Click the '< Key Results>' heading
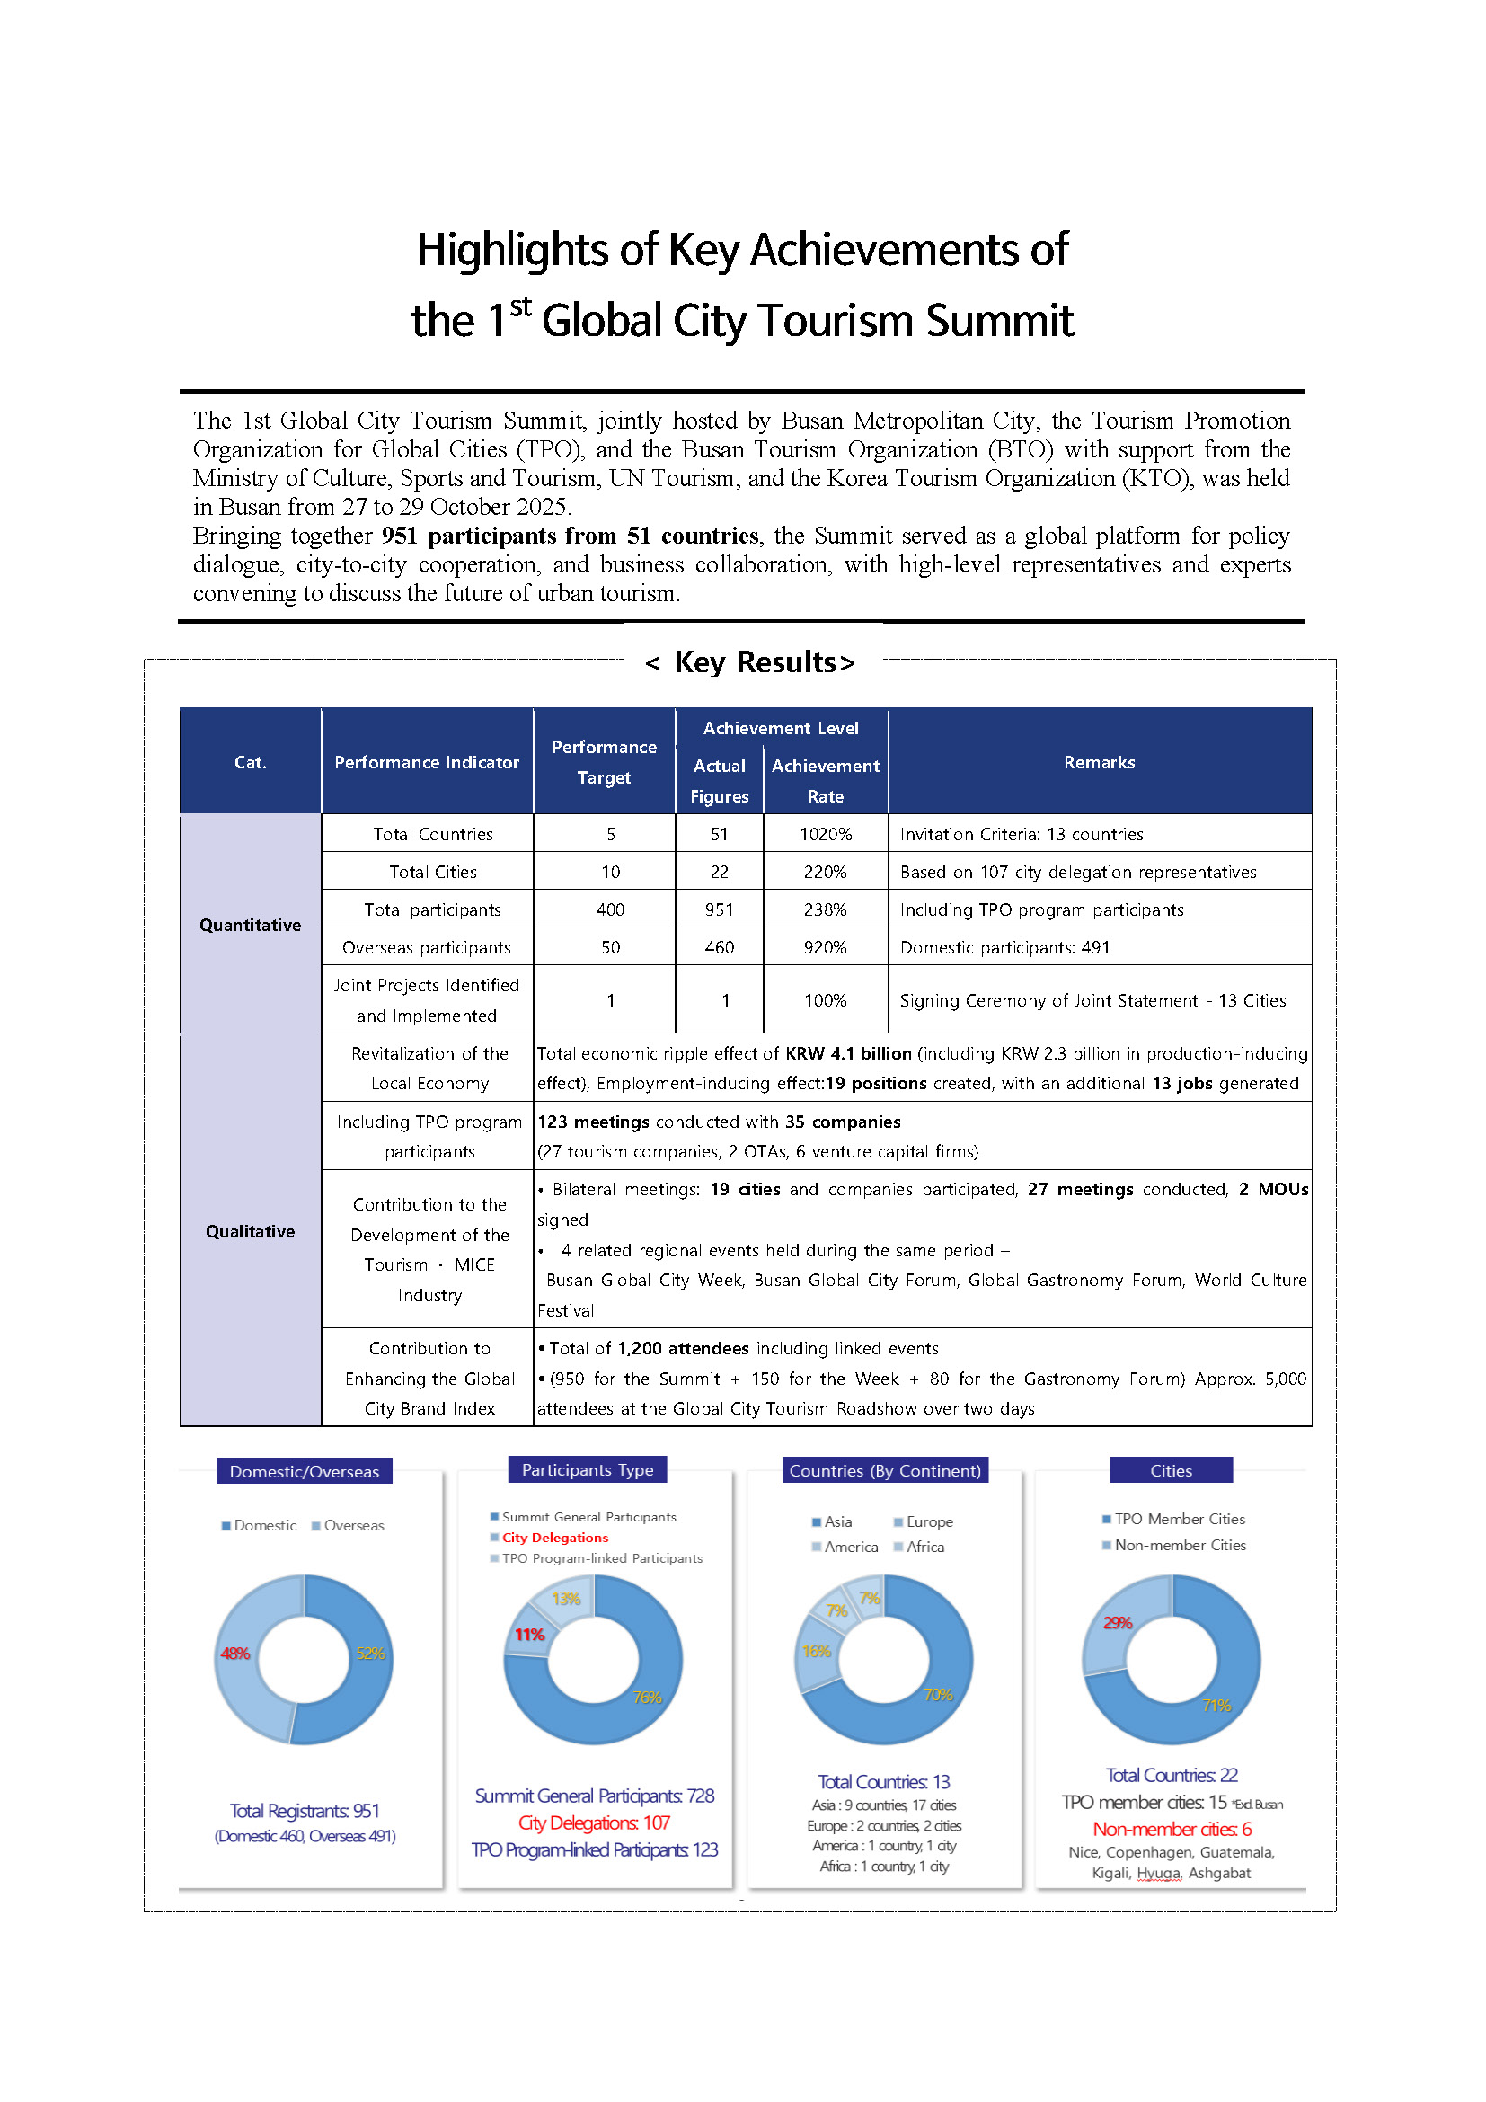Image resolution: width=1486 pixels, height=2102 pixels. [x=749, y=662]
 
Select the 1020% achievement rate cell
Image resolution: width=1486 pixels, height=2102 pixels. [x=825, y=834]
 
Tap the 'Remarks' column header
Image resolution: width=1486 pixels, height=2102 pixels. [x=1098, y=762]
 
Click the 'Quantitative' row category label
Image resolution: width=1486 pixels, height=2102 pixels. [x=250, y=925]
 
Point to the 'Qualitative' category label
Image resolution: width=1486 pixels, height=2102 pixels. [x=250, y=1231]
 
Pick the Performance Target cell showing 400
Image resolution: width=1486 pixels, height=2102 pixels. [x=609, y=909]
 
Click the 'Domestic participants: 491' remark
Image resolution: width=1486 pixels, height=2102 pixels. [x=1004, y=947]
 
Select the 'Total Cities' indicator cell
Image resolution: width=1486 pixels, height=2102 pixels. [x=432, y=872]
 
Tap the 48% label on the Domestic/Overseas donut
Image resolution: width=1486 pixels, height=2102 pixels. [x=234, y=1654]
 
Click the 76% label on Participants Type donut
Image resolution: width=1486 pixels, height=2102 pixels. [x=647, y=1697]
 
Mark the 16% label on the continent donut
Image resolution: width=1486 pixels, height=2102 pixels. [x=815, y=1651]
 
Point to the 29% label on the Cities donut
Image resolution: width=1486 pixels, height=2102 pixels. [x=1117, y=1622]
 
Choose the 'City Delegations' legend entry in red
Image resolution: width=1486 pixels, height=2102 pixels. [x=554, y=1537]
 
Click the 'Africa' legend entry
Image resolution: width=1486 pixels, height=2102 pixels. [x=924, y=1547]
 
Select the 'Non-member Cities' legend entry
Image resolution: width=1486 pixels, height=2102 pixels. [x=1180, y=1545]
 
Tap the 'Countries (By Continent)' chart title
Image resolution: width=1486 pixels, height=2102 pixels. [x=884, y=1470]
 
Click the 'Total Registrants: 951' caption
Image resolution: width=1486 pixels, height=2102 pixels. [x=304, y=1810]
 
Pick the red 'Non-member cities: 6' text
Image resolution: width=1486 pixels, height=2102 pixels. [x=1172, y=1828]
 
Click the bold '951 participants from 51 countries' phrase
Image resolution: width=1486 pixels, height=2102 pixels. [x=569, y=536]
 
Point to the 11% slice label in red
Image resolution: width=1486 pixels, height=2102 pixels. [x=529, y=1634]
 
